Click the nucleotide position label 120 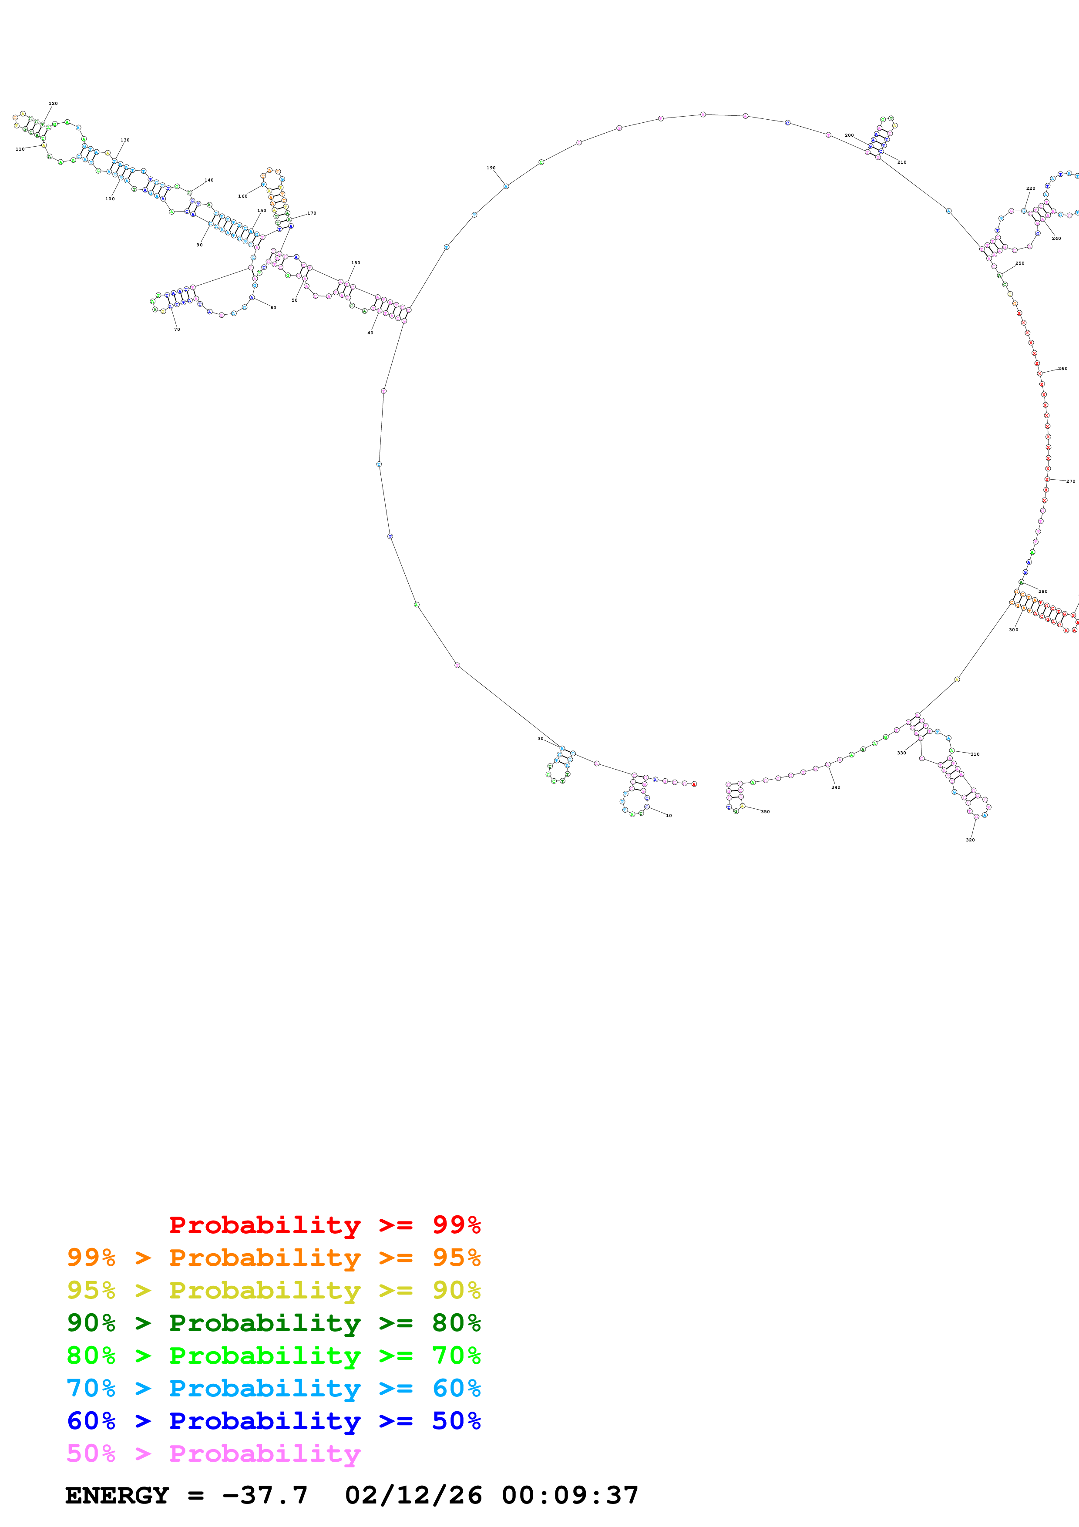point(53,104)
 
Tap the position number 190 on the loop point(491,168)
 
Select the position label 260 point(1062,368)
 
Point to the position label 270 point(1070,481)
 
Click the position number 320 point(970,840)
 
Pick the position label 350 point(765,812)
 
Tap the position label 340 point(836,787)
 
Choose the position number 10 point(669,815)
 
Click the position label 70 point(177,329)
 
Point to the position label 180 point(356,263)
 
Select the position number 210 point(901,162)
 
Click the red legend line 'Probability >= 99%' point(324,1225)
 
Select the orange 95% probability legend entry point(273,1258)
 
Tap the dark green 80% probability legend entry point(273,1323)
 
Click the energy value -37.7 point(265,1495)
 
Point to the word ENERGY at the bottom point(117,1495)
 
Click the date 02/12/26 point(413,1495)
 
